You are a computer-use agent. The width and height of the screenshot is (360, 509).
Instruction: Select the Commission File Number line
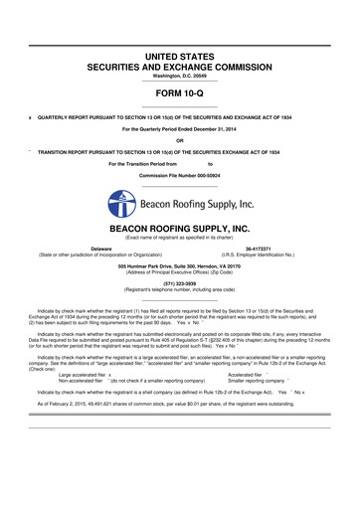[179, 175]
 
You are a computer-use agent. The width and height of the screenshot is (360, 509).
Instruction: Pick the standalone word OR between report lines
[179, 139]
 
